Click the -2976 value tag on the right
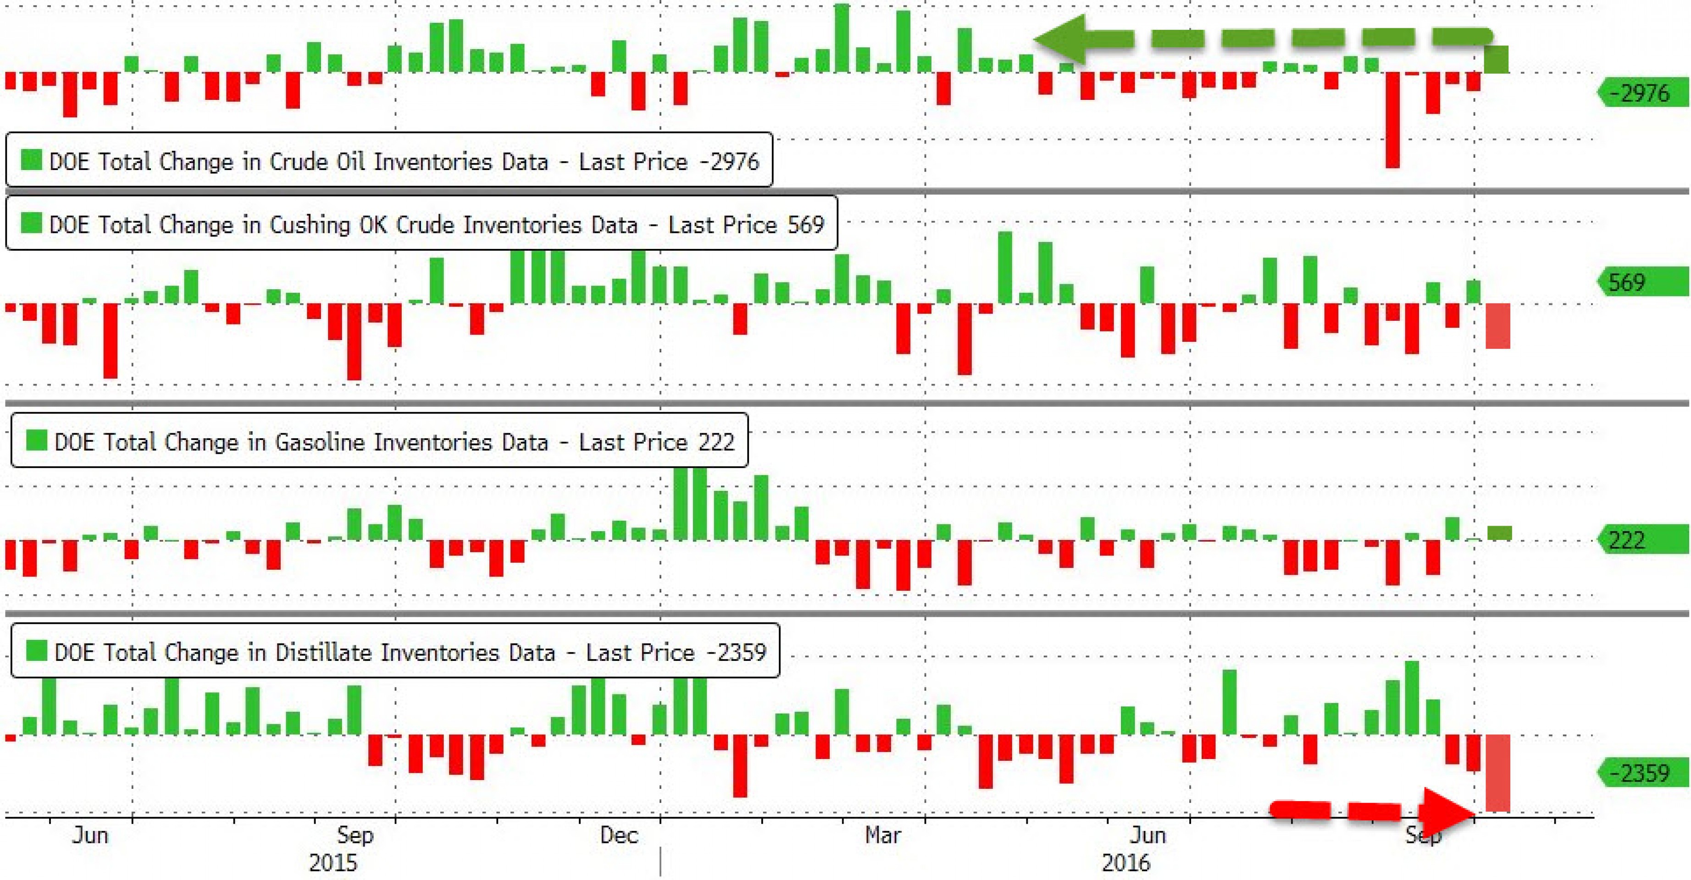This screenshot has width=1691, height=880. (x=1644, y=93)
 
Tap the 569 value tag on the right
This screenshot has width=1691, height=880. (x=1644, y=282)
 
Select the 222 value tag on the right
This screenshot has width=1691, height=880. (x=1644, y=540)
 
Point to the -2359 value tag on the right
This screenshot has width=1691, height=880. (x=1644, y=772)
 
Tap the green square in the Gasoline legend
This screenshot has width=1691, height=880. (x=36, y=440)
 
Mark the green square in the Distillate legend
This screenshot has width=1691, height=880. (x=36, y=651)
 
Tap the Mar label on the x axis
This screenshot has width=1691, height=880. (x=882, y=836)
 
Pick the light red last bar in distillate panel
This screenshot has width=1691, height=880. (x=1497, y=773)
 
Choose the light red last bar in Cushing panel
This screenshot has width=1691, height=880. (x=1497, y=326)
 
